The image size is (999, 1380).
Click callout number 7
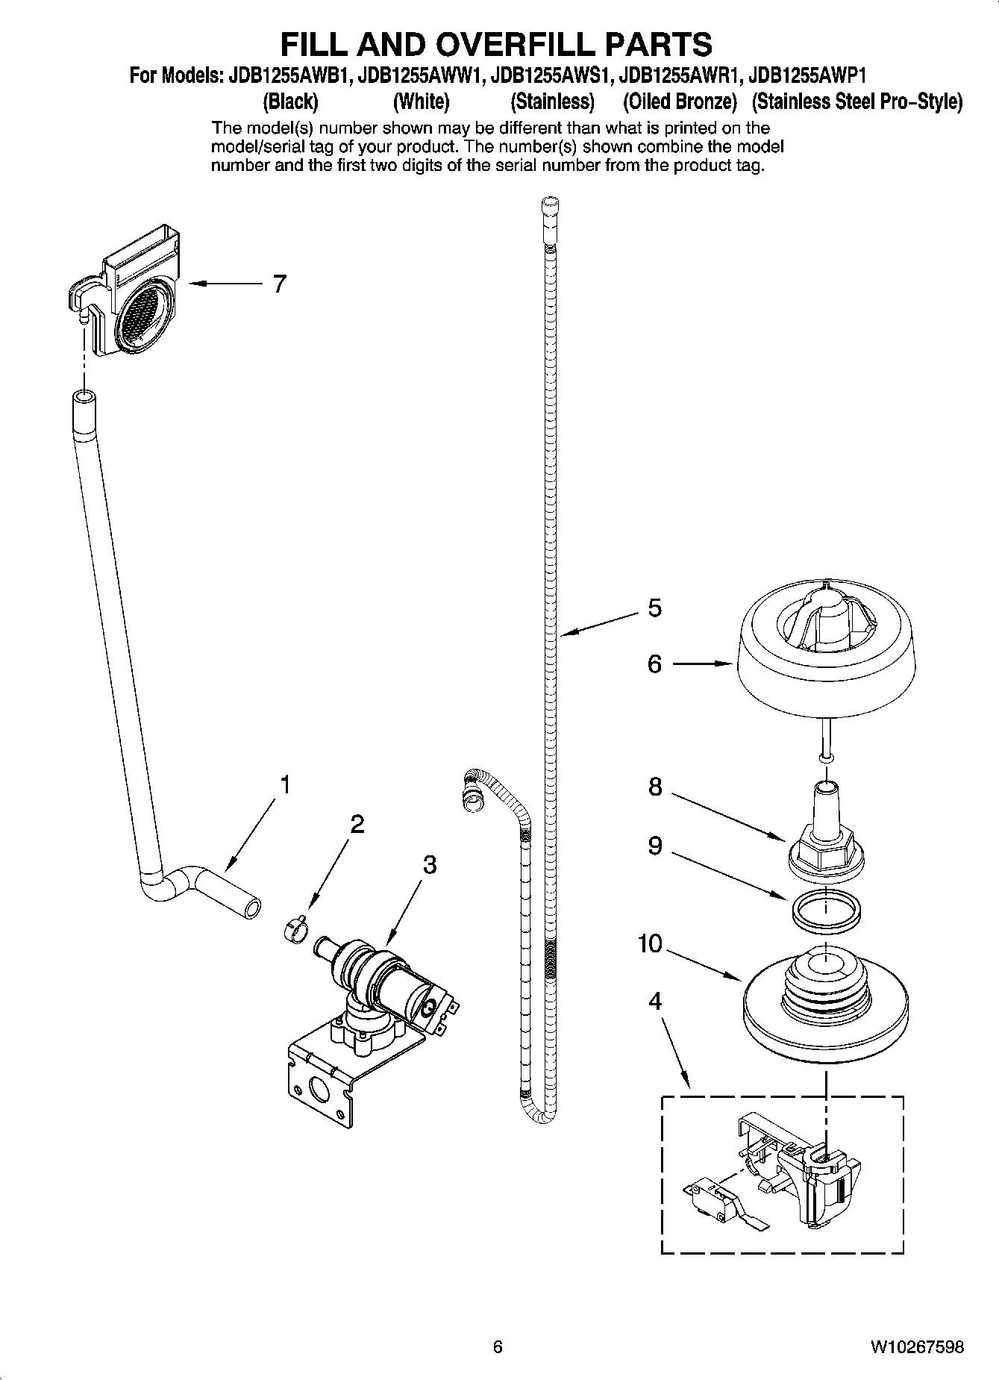pos(279,284)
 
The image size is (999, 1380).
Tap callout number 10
pos(650,944)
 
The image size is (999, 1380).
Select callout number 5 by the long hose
pos(654,608)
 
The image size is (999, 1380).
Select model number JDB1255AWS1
pos(551,75)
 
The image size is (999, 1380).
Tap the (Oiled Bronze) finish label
pos(680,101)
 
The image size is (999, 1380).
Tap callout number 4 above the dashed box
pos(654,1001)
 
